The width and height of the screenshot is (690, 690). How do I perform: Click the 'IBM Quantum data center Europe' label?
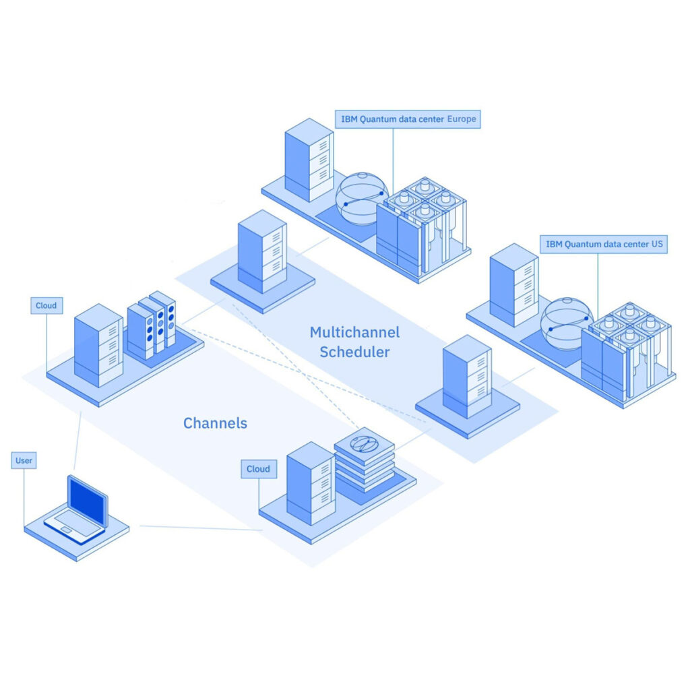pos(408,119)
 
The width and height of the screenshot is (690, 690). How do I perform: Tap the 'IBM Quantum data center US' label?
pos(603,244)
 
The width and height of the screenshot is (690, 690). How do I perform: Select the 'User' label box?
pos(24,461)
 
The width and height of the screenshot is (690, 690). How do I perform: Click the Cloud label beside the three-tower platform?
pos(46,305)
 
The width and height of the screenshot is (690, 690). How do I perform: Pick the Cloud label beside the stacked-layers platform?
pos(259,469)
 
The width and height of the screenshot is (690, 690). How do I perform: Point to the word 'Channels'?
pos(215,423)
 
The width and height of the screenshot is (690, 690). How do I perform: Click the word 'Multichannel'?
pos(354,332)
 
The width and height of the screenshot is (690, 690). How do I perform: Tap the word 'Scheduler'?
pos(354,352)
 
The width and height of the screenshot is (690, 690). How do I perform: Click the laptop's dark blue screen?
pos(87,501)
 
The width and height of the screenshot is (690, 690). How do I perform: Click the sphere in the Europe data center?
pos(362,199)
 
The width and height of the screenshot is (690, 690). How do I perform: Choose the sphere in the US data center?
pos(567,324)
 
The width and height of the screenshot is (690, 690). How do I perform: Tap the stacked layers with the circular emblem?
pos(365,459)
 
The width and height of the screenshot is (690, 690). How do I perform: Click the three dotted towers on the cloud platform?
pos(152,325)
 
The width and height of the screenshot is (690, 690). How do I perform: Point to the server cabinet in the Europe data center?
pos(309,160)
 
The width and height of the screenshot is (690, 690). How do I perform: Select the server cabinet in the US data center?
pos(514,285)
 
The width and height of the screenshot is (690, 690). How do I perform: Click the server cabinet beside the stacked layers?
pos(311,483)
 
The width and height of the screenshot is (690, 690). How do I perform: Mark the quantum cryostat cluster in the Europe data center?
pos(423,226)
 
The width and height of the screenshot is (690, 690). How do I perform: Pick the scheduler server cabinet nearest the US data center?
pos(467,376)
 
